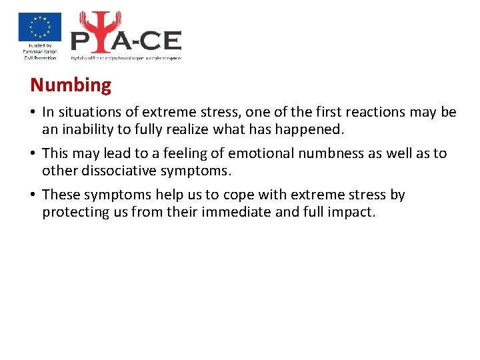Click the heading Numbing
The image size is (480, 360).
coord(71,85)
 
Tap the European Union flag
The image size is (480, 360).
coord(39,27)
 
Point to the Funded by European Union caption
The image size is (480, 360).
coord(39,52)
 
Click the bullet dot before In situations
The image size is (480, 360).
coord(33,113)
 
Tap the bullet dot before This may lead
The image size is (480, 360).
coord(33,154)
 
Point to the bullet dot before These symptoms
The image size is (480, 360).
coord(33,195)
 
